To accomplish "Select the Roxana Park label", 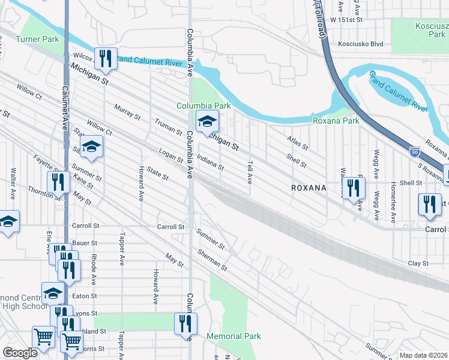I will pos(336,121).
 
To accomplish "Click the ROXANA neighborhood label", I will pos(308,188).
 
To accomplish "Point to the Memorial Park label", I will pos(234,336).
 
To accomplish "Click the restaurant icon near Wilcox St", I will pos(106,58).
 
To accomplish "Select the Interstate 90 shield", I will pos(415,152).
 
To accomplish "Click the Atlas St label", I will pos(297,143).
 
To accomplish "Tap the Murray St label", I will pos(127,111).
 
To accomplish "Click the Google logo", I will pos(20,353).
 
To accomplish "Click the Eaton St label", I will pos(85,296).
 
